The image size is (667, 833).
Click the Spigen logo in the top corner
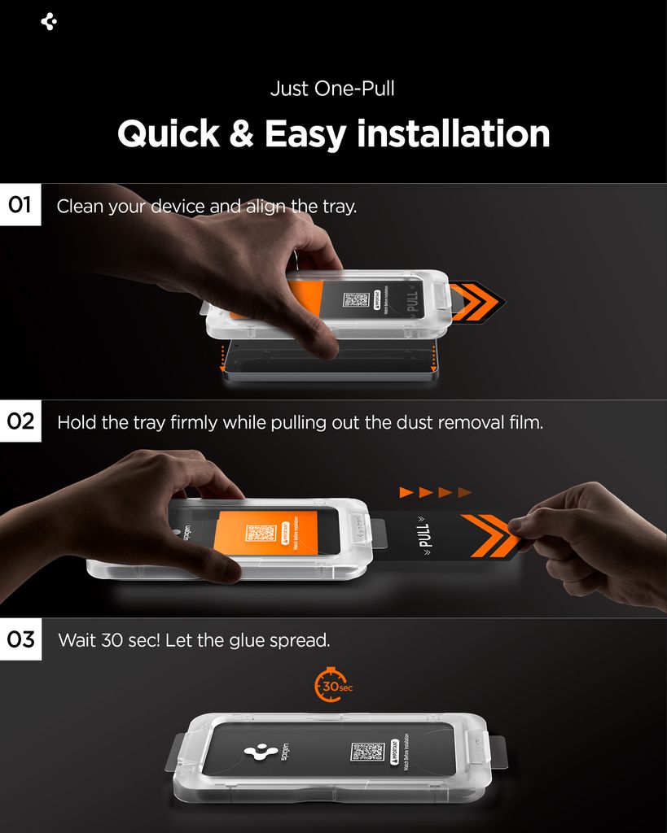click(x=49, y=22)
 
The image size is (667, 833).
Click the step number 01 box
click(x=20, y=205)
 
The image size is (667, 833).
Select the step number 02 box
click(x=20, y=421)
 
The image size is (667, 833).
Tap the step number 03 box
click(x=20, y=639)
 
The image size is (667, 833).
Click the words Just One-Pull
click(x=332, y=88)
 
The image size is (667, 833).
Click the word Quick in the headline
click(x=168, y=134)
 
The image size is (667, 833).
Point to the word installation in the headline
click(x=454, y=134)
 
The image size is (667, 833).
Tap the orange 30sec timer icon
click(x=331, y=687)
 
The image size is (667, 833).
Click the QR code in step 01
click(x=356, y=299)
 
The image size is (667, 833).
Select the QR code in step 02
click(x=261, y=534)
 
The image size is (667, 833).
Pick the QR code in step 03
click(x=367, y=752)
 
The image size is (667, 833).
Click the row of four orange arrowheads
click(x=435, y=492)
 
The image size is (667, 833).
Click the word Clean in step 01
click(x=80, y=207)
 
